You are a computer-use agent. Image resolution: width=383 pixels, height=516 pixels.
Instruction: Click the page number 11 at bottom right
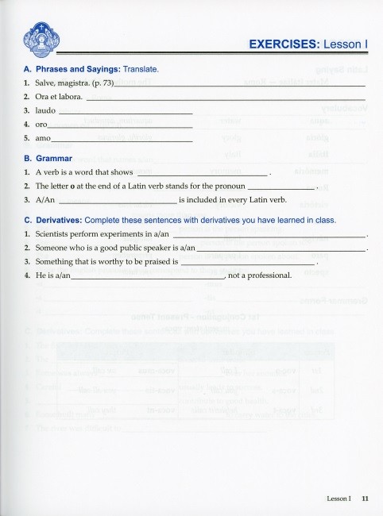(364, 499)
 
